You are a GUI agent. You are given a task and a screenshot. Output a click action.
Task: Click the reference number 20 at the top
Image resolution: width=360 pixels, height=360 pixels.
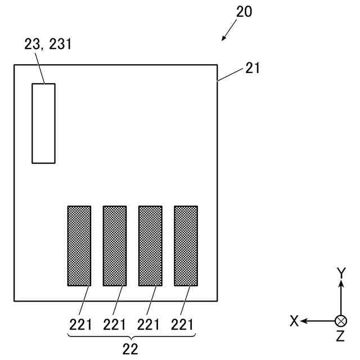[x=244, y=12]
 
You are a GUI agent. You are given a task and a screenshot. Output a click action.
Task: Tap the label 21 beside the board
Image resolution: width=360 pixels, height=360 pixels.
[x=253, y=69]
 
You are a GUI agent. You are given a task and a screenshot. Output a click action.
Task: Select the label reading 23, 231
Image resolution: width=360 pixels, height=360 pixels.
[x=48, y=44]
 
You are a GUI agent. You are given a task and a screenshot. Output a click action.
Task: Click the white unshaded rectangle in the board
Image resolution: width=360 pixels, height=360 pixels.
[x=43, y=123]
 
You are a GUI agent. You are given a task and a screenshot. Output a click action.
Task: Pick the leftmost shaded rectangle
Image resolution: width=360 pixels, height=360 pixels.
[x=79, y=245]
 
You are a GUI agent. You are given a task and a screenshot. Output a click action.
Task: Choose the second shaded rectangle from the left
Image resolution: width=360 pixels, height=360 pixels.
[x=115, y=245]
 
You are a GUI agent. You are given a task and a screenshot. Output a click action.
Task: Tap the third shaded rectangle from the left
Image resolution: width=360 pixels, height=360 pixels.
[x=150, y=245]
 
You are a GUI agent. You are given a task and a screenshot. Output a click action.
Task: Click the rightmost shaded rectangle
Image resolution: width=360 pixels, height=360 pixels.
[x=186, y=245]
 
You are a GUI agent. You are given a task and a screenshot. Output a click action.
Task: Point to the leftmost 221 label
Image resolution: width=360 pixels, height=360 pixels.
[x=80, y=324]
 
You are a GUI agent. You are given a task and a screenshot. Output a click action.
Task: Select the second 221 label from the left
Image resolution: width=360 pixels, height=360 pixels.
[x=115, y=324]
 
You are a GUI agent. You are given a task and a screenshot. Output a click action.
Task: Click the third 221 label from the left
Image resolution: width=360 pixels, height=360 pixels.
[x=149, y=324]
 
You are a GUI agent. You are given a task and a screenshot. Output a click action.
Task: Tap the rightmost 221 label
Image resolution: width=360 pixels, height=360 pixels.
[x=183, y=324]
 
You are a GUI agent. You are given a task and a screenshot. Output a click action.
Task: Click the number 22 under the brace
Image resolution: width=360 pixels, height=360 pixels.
[x=130, y=349]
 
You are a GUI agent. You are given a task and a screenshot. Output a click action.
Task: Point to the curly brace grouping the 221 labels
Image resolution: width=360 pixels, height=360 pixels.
[x=131, y=336]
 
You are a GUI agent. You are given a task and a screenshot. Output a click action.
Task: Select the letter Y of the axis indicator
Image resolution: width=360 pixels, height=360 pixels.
[x=341, y=273]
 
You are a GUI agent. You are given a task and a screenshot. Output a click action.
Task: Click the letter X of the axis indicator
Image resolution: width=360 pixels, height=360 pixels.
[x=294, y=321]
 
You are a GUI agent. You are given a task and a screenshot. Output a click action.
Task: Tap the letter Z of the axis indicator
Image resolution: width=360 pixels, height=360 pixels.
[x=340, y=336]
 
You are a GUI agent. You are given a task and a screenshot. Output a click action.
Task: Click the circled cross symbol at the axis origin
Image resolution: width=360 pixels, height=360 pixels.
[x=341, y=321]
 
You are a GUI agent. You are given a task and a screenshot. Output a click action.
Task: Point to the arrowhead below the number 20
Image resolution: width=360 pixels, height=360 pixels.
[x=224, y=38]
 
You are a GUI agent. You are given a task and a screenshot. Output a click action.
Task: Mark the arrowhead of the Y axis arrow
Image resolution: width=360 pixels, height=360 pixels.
[x=341, y=284]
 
